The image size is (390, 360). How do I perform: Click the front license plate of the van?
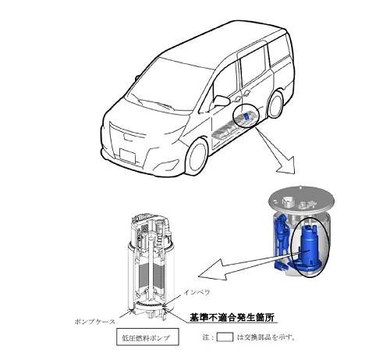click(127, 156)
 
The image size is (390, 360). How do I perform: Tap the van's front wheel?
click(197, 158)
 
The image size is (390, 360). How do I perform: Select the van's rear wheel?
click(275, 105)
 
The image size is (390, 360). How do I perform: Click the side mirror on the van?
click(221, 101)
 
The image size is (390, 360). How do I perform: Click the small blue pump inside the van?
click(246, 116)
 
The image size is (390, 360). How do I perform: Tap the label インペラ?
click(197, 292)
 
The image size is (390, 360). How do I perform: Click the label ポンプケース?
click(94, 322)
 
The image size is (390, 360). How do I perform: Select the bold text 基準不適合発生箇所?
click(232, 317)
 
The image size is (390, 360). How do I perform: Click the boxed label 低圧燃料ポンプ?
click(147, 337)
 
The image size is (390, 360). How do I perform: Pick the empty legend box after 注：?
click(225, 337)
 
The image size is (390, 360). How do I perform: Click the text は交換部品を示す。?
click(266, 337)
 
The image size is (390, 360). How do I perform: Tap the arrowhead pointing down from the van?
click(287, 166)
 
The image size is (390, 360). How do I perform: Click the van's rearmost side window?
click(279, 49)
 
